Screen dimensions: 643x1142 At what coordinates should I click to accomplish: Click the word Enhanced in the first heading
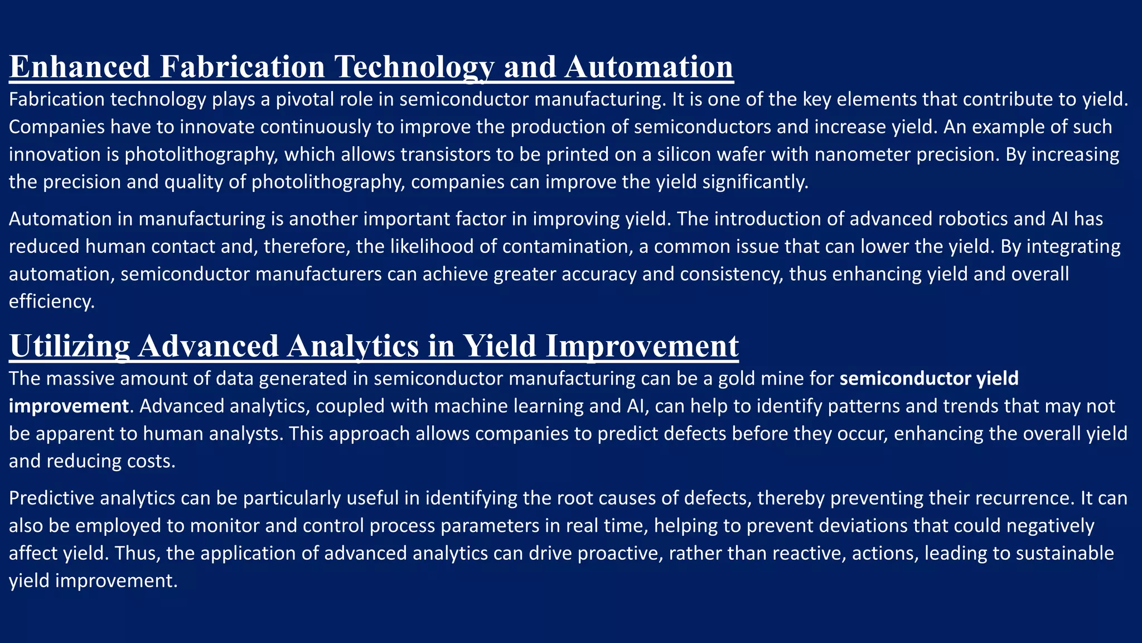pyautogui.click(x=80, y=66)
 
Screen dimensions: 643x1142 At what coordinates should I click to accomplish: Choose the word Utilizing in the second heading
pyautogui.click(x=70, y=346)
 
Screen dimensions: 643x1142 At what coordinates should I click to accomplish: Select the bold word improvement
pyautogui.click(x=69, y=406)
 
